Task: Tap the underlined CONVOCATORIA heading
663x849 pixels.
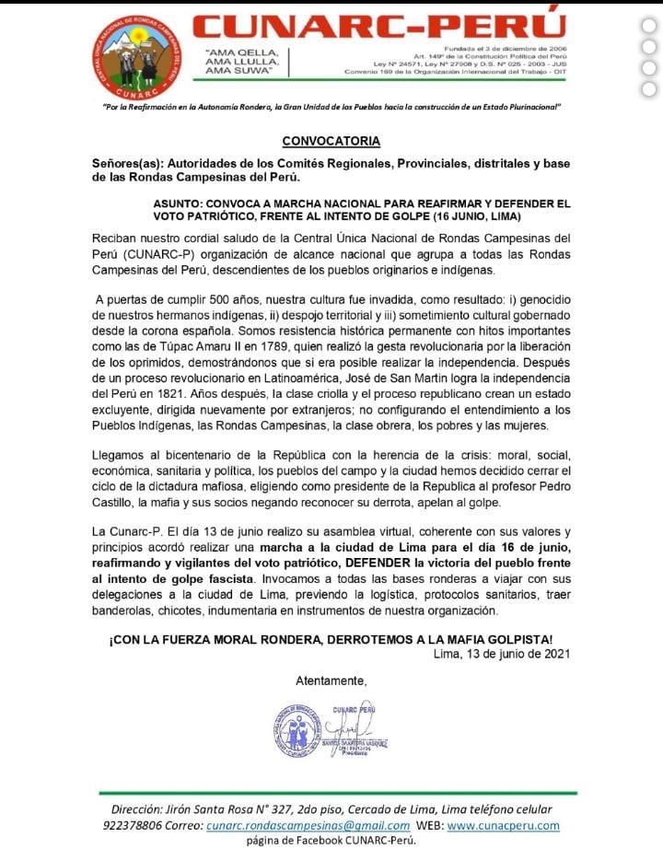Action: click(x=331, y=141)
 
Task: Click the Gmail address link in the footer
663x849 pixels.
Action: click(x=308, y=826)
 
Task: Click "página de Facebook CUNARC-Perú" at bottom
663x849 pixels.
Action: click(x=331, y=840)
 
